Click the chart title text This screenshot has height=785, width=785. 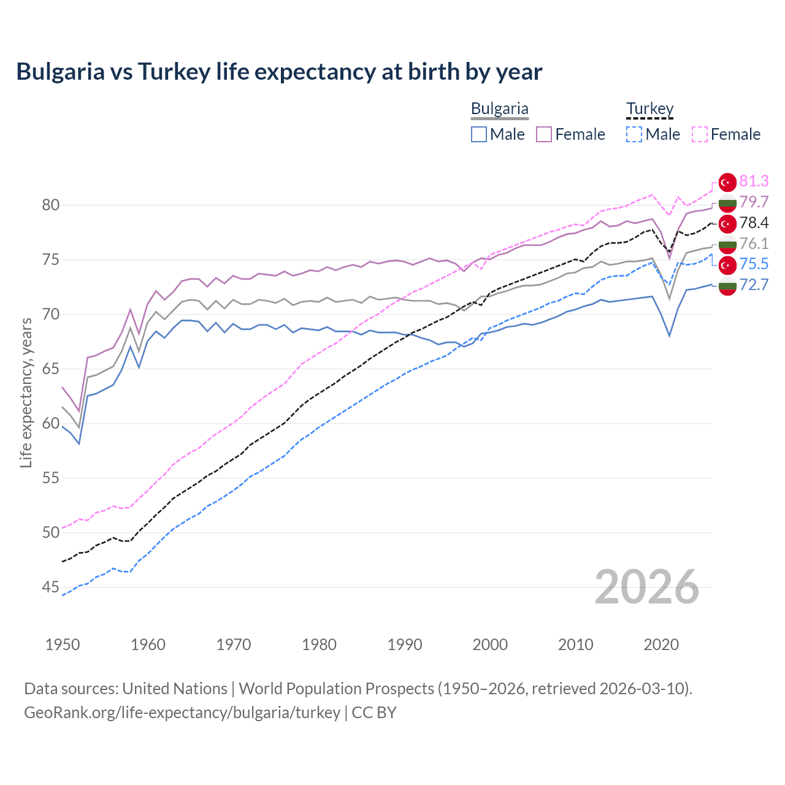(279, 72)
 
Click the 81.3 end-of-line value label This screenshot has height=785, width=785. (754, 181)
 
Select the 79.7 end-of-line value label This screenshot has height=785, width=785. (754, 202)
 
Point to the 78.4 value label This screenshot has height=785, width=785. (754, 223)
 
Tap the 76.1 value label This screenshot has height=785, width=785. (754, 243)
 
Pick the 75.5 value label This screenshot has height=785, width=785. (754, 264)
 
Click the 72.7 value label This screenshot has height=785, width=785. (754, 285)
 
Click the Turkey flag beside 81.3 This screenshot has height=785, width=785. (727, 182)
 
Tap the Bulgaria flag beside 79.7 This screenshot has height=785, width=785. (727, 203)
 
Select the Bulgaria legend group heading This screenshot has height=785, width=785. (499, 109)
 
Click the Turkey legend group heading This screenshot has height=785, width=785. (649, 109)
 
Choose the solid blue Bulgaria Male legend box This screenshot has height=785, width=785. (479, 134)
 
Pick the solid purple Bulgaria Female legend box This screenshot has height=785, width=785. (544, 134)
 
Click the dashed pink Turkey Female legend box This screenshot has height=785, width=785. (700, 134)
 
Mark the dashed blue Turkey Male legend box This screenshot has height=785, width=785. (634, 134)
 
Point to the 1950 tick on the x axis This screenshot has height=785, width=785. (63, 645)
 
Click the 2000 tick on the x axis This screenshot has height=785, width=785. (490, 645)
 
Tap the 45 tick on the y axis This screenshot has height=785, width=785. (51, 588)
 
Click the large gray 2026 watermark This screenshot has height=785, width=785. (647, 588)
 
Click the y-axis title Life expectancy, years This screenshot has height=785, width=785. (26, 392)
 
